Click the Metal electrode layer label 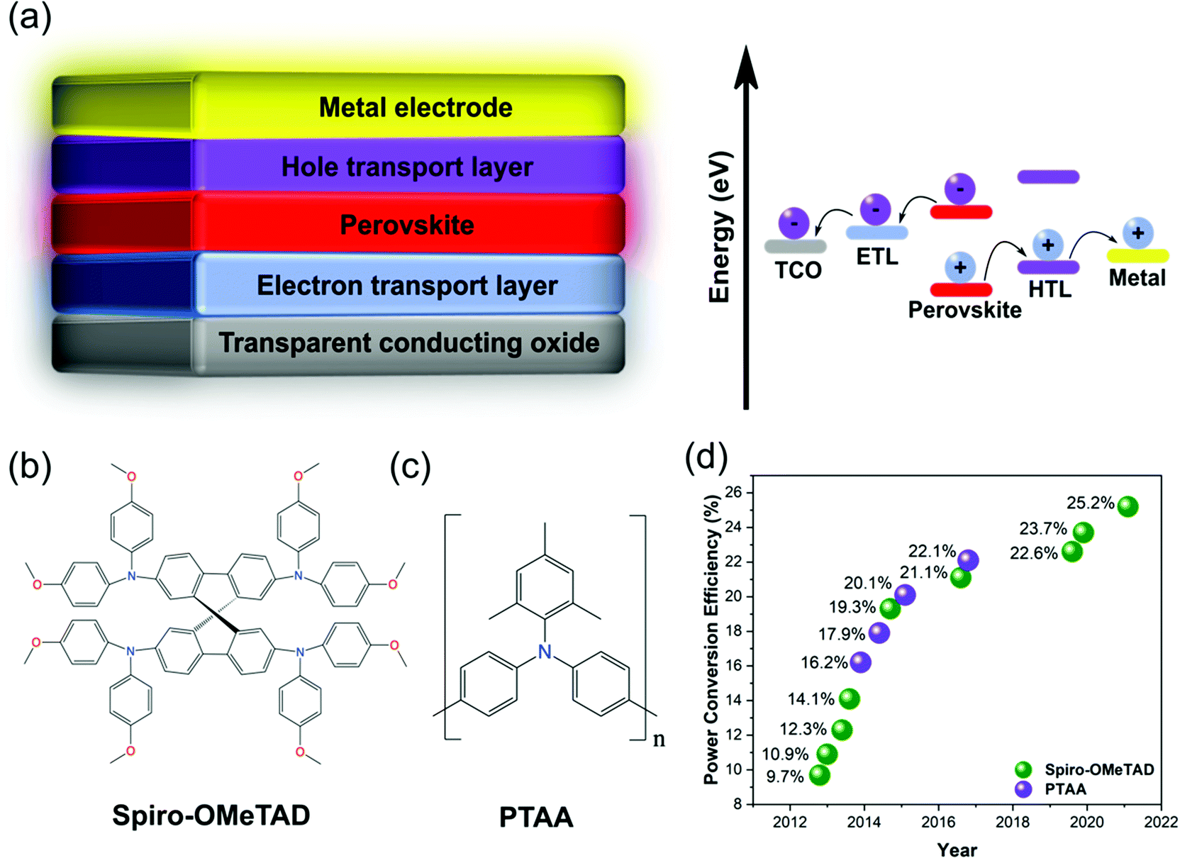tap(415, 108)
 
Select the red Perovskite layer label tap(406, 225)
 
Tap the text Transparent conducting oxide tap(408, 343)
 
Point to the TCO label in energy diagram tap(798, 270)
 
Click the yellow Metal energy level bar tap(1137, 255)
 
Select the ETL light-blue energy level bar tap(876, 232)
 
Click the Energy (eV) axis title tap(720, 227)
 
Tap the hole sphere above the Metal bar tap(1137, 233)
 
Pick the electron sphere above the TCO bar tap(794, 223)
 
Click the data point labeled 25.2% tap(1128, 506)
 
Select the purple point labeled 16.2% tap(860, 662)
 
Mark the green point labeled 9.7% tap(819, 775)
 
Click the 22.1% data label tap(932, 551)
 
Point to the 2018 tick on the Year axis tap(1012, 822)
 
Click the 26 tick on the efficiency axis tap(733, 492)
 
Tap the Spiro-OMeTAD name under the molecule tap(211, 815)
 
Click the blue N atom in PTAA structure tap(544, 652)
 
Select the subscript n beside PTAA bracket tap(659, 740)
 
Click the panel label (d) tap(706, 457)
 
